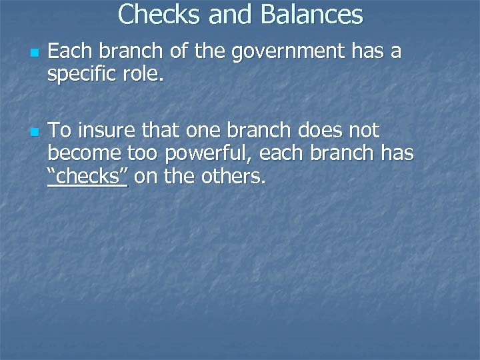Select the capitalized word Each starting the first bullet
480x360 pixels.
pos(68,51)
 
